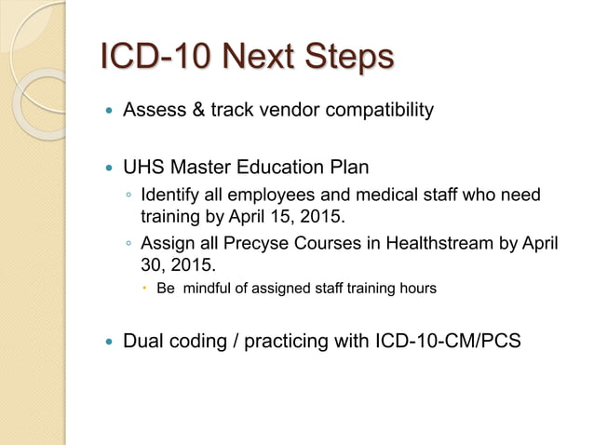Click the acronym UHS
pyautogui.click(x=144, y=169)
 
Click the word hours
pyautogui.click(x=416, y=290)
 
